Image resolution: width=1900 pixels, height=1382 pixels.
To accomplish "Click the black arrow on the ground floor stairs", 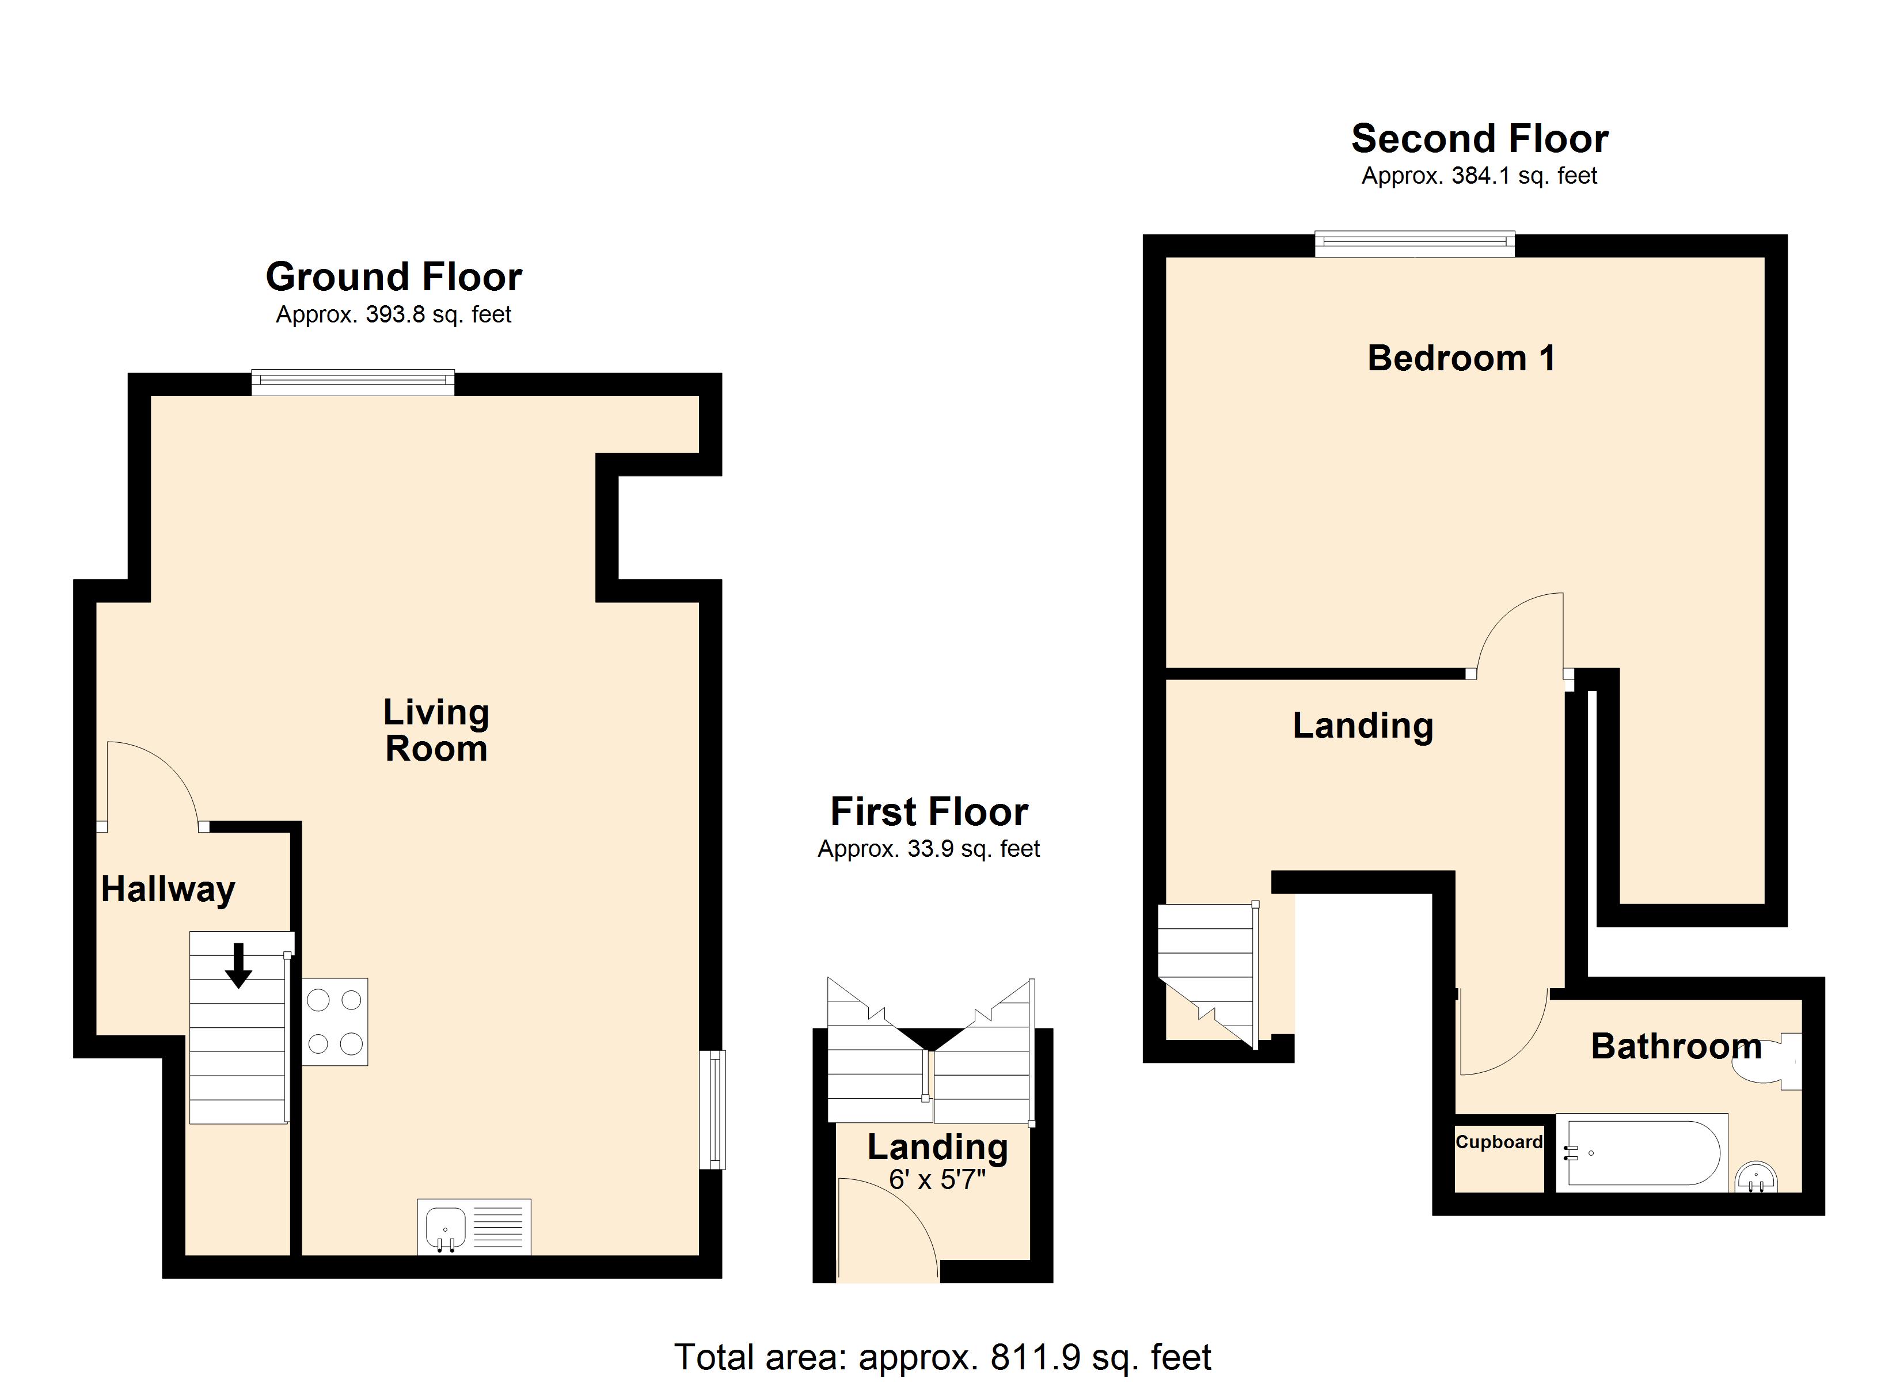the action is (239, 966).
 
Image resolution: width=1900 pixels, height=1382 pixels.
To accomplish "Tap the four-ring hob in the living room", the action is (335, 1022).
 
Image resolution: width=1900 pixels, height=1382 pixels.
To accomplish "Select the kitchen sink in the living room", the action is (474, 1227).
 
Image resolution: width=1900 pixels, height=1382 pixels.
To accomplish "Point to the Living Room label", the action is (436, 730).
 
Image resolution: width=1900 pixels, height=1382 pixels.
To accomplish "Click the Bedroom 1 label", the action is (1462, 358).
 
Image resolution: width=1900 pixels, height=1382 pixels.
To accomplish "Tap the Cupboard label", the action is (1499, 1141).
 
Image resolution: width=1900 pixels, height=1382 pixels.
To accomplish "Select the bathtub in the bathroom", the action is (1642, 1152).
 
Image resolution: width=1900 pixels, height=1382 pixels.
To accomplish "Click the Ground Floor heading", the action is (394, 276).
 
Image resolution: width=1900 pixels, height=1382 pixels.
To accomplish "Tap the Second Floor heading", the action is (1480, 138).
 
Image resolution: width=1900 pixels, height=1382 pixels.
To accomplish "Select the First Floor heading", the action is (930, 811).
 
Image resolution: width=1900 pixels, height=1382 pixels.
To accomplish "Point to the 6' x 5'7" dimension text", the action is (937, 1180).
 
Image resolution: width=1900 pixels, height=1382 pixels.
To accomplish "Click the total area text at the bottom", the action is (943, 1357).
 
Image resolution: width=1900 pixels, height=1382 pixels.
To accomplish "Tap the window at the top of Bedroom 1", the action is (1415, 244).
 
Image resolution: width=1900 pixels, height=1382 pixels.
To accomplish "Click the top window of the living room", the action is (353, 382).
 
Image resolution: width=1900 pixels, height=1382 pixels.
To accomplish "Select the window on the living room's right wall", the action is (712, 1110).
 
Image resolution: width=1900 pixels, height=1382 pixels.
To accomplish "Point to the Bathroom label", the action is (1675, 1046).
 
